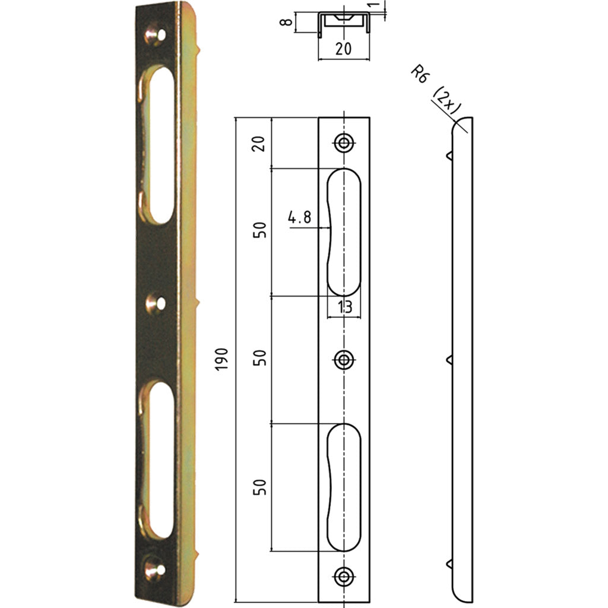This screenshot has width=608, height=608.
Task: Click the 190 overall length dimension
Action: (x=222, y=359)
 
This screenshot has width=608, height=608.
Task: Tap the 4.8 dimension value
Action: (x=300, y=217)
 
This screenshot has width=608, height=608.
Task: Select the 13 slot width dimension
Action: (x=345, y=306)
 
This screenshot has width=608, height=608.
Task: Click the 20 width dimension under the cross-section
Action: (x=343, y=49)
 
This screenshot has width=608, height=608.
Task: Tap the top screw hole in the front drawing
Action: (x=343, y=142)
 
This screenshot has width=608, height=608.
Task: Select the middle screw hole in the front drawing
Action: (x=343, y=359)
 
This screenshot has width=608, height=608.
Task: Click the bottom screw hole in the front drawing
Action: (x=343, y=575)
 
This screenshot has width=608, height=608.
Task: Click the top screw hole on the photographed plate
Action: (x=155, y=35)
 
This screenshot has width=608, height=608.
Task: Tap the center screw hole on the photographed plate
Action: (x=156, y=303)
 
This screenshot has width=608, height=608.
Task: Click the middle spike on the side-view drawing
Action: (x=448, y=359)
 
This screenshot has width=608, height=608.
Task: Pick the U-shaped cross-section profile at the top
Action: (x=344, y=23)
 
